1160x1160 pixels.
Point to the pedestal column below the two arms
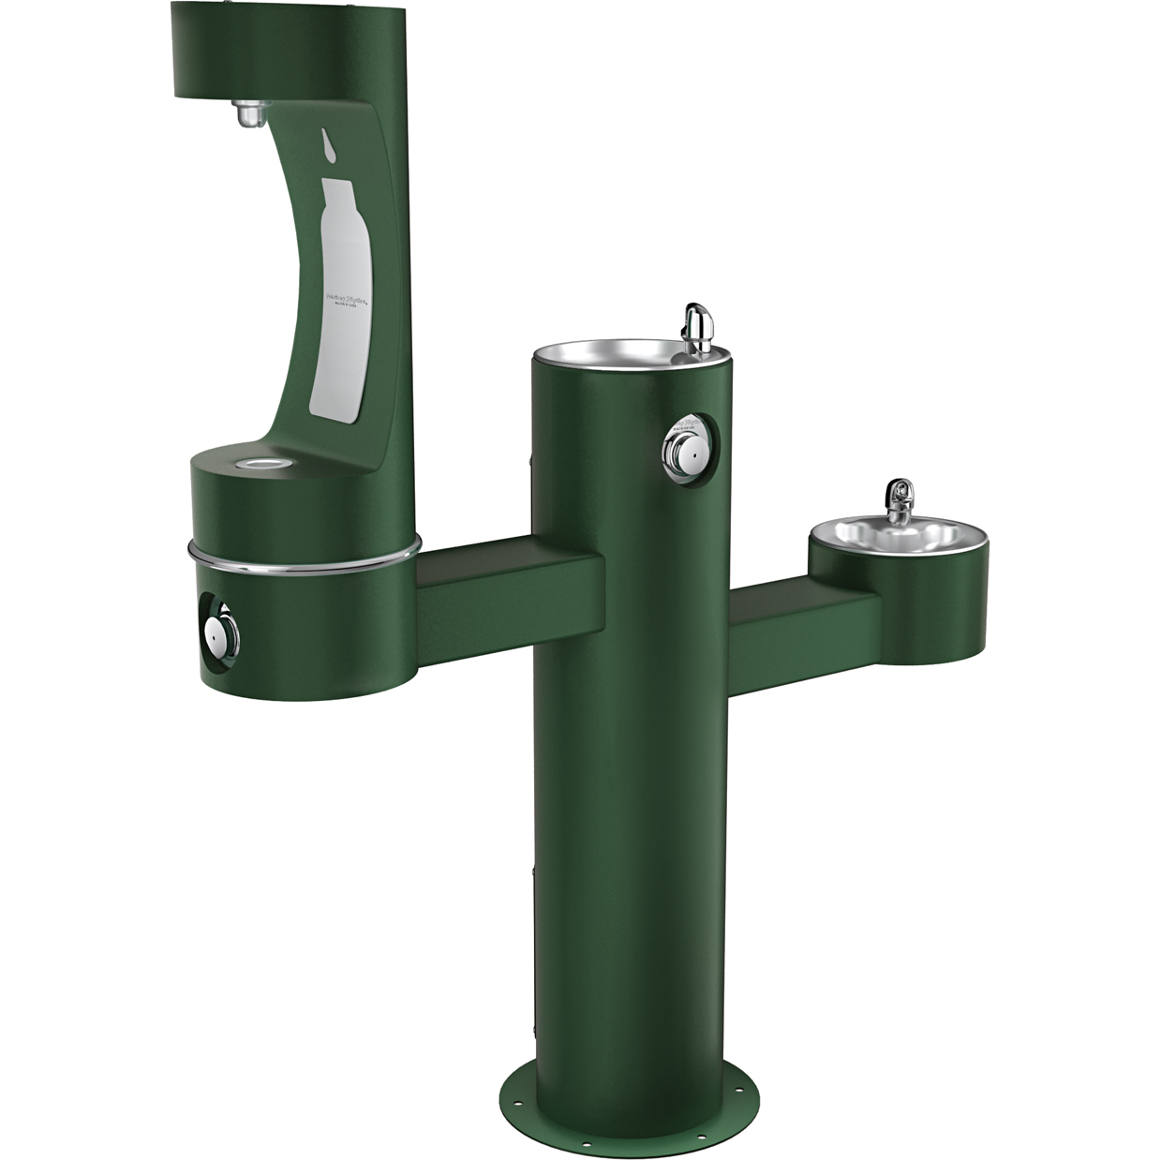click(623, 843)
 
